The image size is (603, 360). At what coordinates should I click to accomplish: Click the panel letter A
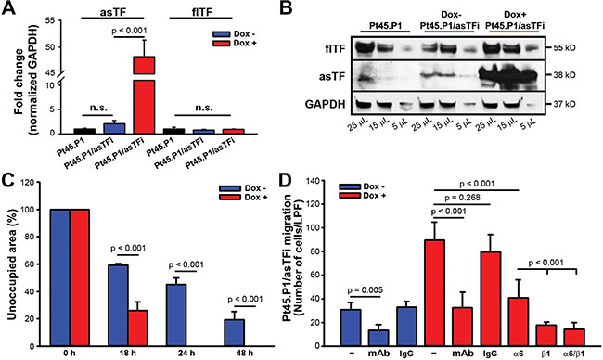[x=9, y=8]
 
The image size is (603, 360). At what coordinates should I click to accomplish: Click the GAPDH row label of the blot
[x=324, y=104]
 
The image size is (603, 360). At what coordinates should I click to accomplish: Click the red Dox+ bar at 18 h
[x=137, y=328]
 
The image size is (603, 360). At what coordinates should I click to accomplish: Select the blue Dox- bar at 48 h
[x=234, y=333]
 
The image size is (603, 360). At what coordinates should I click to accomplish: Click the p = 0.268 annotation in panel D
[x=462, y=198]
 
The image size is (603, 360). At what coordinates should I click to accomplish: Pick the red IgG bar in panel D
[x=491, y=299]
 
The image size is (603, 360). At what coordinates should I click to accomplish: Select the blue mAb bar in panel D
[x=378, y=338]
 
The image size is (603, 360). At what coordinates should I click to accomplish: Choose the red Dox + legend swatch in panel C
[x=229, y=198]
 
